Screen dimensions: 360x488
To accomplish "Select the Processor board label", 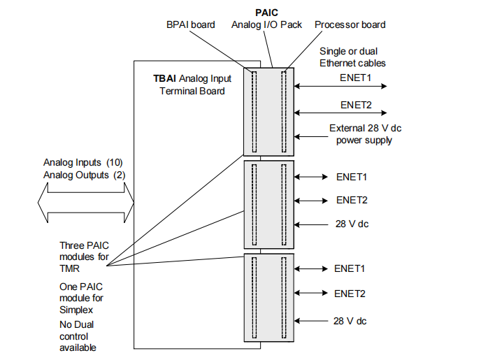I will click(350, 24).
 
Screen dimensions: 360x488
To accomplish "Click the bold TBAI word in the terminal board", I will click(164, 79).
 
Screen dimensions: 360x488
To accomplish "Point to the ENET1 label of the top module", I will click(356, 77).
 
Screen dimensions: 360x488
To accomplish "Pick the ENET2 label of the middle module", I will click(352, 200).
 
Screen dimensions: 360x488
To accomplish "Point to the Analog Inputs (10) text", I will click(83, 162).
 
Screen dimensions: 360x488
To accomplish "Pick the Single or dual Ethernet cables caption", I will click(352, 57).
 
